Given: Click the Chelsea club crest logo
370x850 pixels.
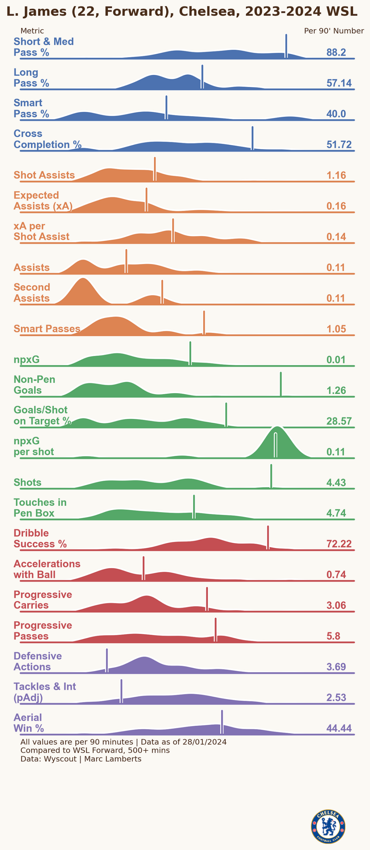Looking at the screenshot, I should point(328,826).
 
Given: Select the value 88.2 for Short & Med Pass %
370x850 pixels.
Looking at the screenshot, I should point(336,52).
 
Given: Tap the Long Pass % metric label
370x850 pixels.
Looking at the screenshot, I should point(31,78).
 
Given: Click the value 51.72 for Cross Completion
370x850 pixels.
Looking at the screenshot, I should point(339,144).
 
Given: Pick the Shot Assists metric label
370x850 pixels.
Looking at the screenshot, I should point(44,175).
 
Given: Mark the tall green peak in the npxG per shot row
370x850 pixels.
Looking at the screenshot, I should point(276,432).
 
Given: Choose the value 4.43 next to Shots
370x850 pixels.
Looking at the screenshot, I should point(336,482).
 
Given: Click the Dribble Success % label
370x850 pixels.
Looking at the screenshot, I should point(40,538).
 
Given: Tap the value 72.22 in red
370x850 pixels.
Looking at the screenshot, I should point(339,544).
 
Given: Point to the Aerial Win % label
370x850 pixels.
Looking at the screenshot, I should point(29,723).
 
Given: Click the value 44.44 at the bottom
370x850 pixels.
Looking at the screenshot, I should point(339,728).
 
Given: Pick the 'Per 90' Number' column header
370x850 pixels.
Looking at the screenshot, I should point(334,31).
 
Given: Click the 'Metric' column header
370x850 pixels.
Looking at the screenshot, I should point(32,31).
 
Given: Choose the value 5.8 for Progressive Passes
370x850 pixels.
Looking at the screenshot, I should point(333,636).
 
